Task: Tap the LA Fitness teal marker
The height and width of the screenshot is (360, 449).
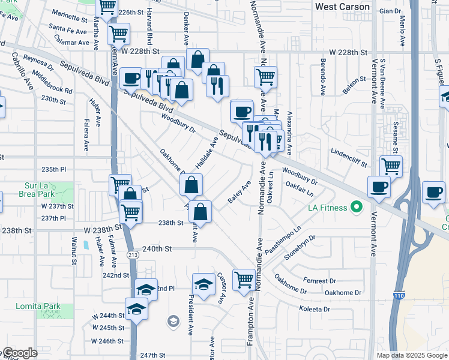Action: pos(357,208)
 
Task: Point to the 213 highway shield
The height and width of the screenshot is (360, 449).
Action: pos(131,255)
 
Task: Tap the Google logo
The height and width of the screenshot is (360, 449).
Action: pos(19,353)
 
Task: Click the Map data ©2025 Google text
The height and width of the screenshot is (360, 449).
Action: pos(411,355)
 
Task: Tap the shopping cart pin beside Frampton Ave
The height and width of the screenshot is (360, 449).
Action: pos(244,279)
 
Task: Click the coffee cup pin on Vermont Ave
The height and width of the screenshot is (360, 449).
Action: pos(379,187)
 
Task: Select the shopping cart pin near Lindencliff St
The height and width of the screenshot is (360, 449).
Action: pos(391,165)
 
